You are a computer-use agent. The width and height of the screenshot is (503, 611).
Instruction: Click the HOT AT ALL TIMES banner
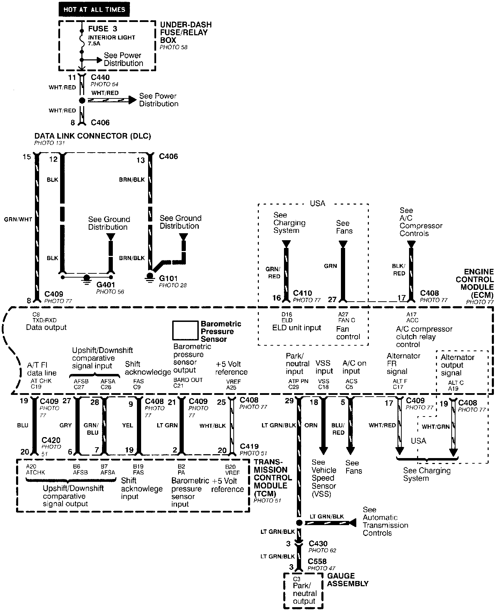94,9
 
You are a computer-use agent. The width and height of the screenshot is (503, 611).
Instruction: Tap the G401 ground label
105,285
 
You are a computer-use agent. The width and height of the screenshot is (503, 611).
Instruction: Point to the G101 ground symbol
150,277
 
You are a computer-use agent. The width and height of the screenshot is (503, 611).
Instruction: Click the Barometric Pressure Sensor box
185,330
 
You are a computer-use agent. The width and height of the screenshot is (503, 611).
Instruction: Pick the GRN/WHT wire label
18,220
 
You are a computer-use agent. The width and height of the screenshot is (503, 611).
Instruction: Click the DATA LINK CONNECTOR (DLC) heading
93,136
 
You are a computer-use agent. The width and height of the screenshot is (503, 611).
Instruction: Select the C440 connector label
100,78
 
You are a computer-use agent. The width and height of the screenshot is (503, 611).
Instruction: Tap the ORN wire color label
311,425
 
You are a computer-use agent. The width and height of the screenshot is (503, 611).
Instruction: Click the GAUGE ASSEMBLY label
348,580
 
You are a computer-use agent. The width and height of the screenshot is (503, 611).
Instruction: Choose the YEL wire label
128,425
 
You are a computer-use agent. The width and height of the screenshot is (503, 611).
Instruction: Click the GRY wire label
66,425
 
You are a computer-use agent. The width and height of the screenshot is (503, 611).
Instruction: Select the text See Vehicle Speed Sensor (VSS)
324,478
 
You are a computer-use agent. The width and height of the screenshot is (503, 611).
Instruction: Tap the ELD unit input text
297,328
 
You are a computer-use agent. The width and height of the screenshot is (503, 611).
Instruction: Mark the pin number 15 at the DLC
27,157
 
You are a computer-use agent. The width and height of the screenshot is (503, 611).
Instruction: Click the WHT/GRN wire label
436,427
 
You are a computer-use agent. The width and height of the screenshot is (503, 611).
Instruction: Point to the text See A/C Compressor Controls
421,222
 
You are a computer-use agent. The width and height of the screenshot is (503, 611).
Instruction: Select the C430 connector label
318,544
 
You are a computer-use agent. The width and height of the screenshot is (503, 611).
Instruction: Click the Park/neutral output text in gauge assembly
304,594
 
